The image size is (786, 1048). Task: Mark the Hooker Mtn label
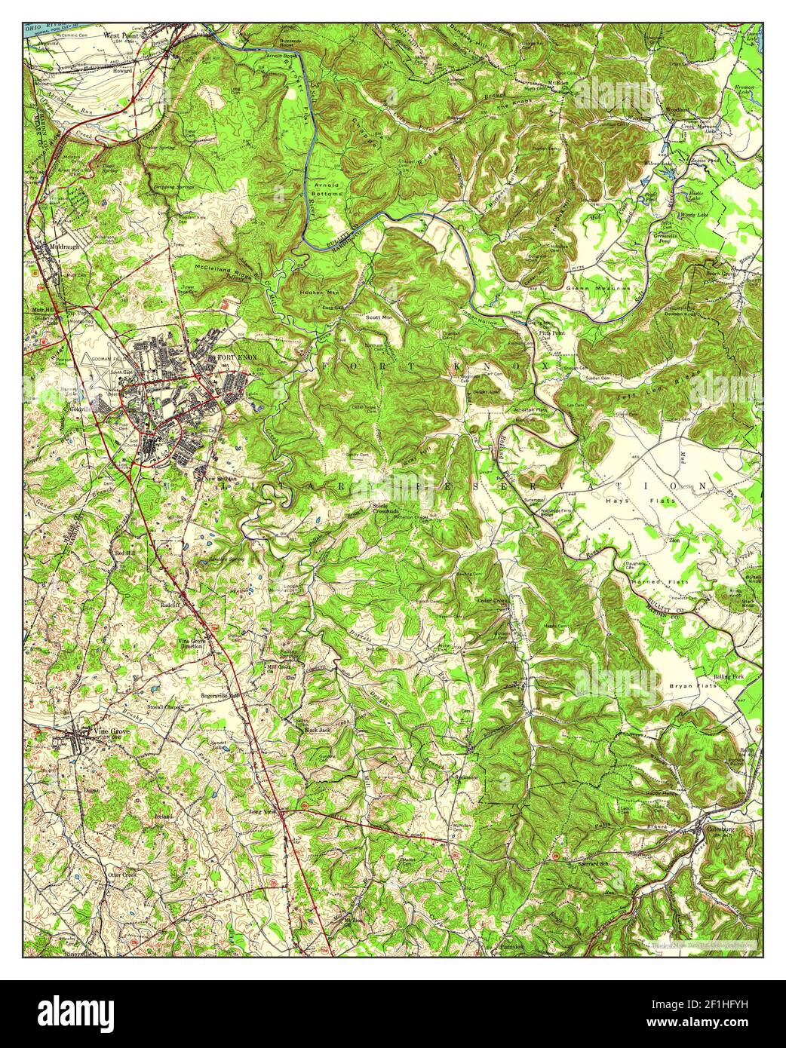point(316,292)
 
